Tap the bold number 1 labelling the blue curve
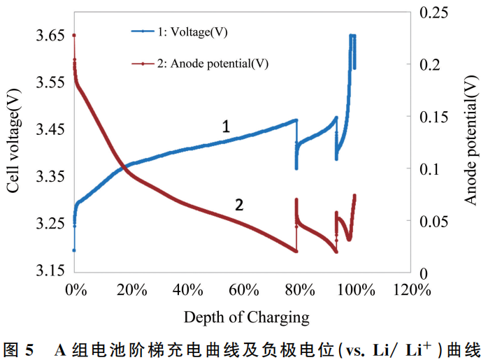pos(226,127)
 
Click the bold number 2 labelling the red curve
pos(239,205)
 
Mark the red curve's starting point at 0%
pos(74,35)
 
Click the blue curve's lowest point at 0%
pos(74,250)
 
